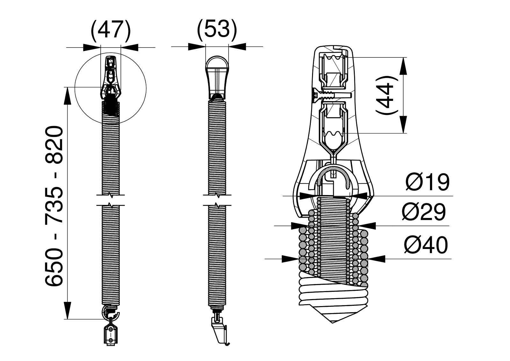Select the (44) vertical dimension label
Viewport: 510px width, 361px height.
tap(387, 95)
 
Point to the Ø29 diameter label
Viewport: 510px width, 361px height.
tap(424, 212)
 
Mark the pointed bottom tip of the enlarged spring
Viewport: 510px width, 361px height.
tap(333, 323)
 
